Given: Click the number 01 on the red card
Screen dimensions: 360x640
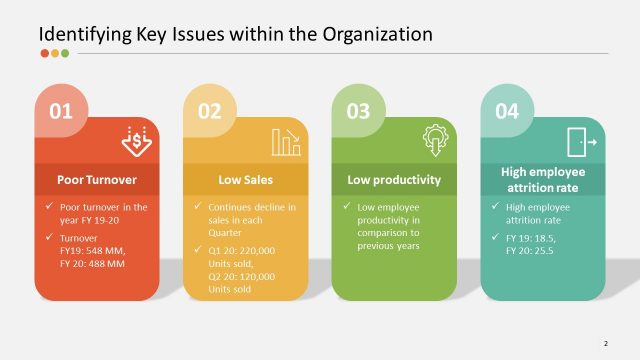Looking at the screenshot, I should [x=62, y=112].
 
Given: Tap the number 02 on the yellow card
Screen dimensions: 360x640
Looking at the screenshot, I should [x=209, y=112].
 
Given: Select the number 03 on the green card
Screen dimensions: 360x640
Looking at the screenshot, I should [x=358, y=112].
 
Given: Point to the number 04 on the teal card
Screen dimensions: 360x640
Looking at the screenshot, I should [x=507, y=112].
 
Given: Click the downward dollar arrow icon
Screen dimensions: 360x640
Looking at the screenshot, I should [x=137, y=141].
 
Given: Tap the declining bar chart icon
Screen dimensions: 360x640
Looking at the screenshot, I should [x=286, y=141].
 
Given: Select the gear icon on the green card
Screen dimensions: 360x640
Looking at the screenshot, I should [x=435, y=139].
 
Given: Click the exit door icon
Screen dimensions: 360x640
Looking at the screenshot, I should [x=581, y=141].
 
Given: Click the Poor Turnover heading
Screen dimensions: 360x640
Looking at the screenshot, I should [x=97, y=180].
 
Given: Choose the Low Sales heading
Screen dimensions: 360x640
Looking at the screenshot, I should [x=245, y=180].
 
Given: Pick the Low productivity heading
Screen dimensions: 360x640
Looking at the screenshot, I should [x=394, y=180].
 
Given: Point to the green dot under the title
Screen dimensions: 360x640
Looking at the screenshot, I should [x=66, y=54].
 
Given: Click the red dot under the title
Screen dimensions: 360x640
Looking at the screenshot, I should [x=44, y=54].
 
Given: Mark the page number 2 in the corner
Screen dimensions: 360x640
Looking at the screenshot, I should [x=606, y=343].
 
